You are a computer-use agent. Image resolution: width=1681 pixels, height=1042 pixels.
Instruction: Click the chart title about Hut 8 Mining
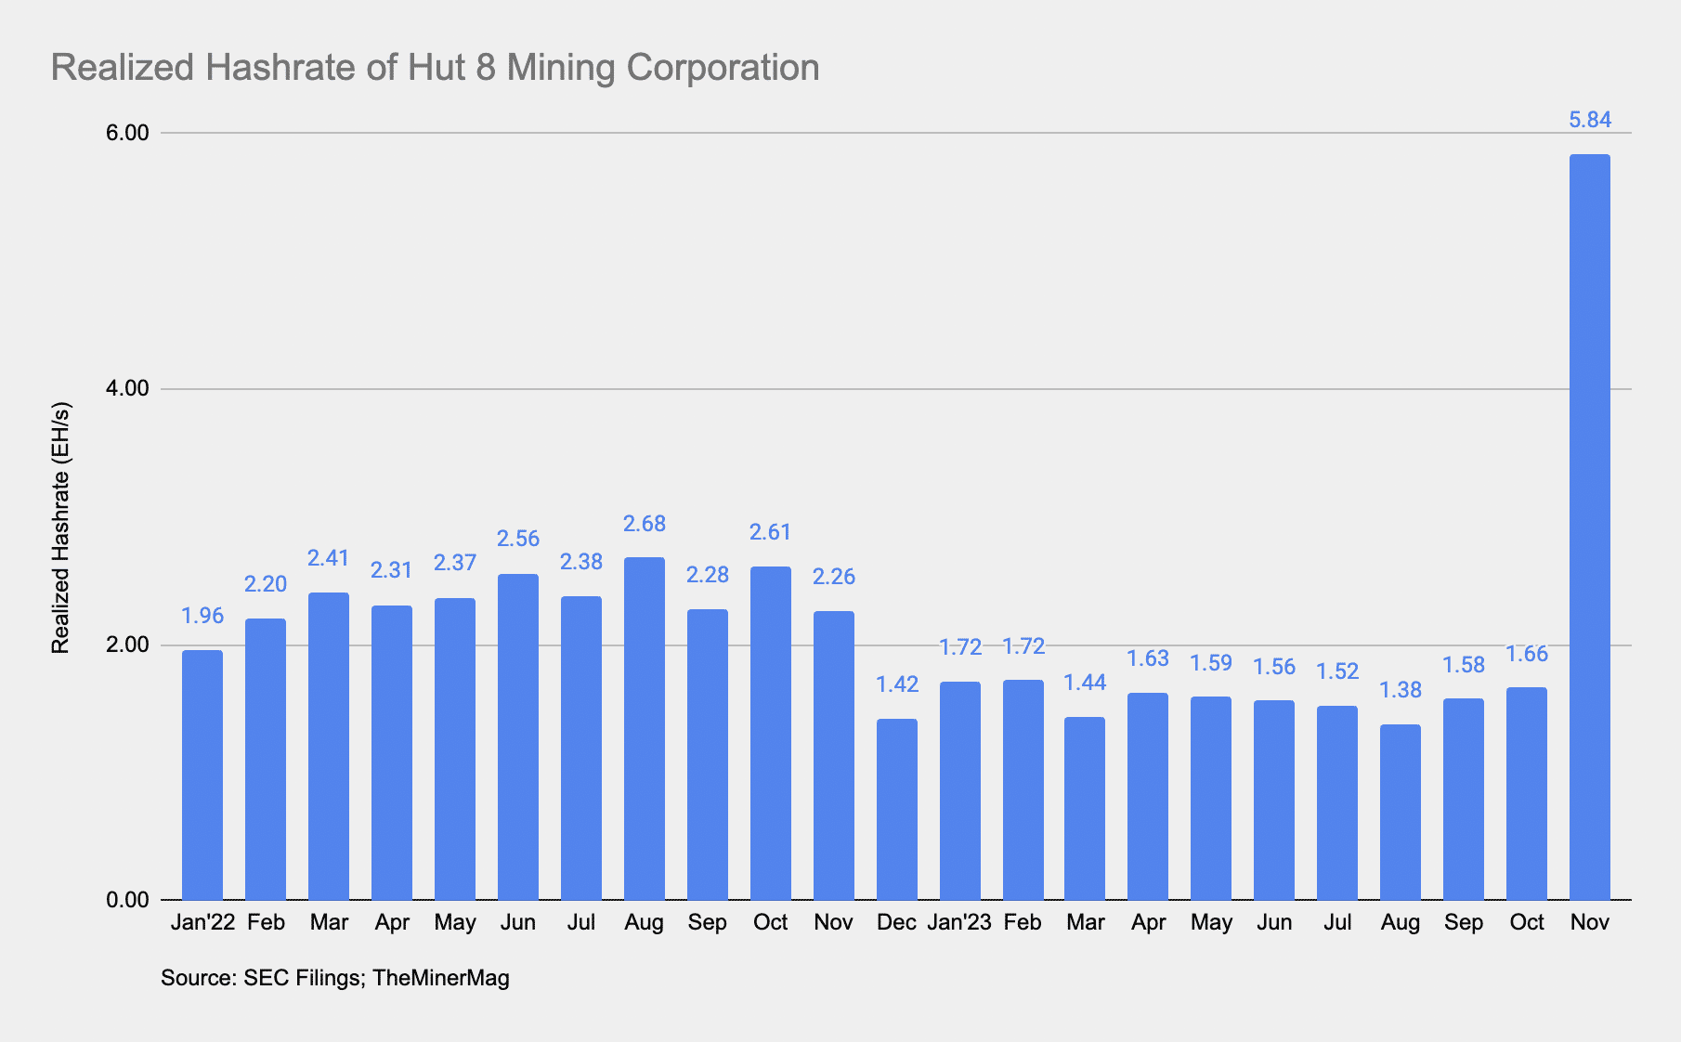pyautogui.click(x=435, y=68)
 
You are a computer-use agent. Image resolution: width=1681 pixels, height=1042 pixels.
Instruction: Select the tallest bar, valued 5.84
pyautogui.click(x=1589, y=527)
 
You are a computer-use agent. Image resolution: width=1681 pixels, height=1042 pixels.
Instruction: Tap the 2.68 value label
pyautogui.click(x=645, y=524)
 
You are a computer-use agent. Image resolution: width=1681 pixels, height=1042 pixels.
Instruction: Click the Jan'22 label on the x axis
pyautogui.click(x=202, y=922)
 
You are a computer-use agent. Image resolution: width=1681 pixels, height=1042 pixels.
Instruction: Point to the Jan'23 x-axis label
pyautogui.click(x=959, y=922)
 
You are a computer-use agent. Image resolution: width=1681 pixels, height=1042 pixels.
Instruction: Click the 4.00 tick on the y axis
pyautogui.click(x=127, y=388)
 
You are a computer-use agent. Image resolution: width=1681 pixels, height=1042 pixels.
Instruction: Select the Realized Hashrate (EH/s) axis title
pyautogui.click(x=60, y=528)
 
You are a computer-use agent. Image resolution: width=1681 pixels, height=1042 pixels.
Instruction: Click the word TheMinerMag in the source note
pyautogui.click(x=441, y=977)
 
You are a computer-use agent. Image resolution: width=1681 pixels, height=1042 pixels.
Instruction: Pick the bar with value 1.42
pyautogui.click(x=897, y=809)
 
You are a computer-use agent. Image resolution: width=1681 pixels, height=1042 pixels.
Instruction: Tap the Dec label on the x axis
pyautogui.click(x=896, y=922)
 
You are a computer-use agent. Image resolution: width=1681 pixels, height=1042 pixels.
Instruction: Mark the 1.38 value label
pyautogui.click(x=1401, y=690)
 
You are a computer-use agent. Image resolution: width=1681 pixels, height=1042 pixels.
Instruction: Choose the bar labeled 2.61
pyautogui.click(x=771, y=733)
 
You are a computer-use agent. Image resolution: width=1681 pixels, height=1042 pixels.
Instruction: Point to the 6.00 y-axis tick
pyautogui.click(x=127, y=133)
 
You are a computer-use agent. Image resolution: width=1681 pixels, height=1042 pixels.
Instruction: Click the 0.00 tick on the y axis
pyautogui.click(x=127, y=900)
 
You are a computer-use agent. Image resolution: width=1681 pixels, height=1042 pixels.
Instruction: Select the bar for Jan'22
pyautogui.click(x=202, y=775)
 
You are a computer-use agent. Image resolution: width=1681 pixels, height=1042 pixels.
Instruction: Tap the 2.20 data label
pyautogui.click(x=266, y=584)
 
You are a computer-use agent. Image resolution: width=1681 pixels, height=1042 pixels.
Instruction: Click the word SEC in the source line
pyautogui.click(x=264, y=977)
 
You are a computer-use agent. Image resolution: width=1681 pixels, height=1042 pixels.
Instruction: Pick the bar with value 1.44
pyautogui.click(x=1085, y=808)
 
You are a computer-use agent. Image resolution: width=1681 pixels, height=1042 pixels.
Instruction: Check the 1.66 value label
pyautogui.click(x=1527, y=654)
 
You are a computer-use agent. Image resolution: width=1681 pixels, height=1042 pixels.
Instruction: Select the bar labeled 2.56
pyautogui.click(x=518, y=736)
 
